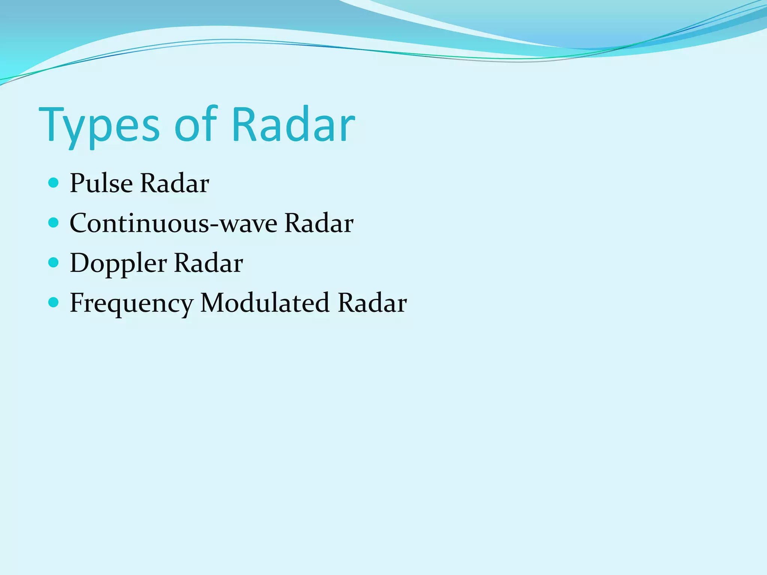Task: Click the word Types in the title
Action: (99, 125)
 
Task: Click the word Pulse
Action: (101, 183)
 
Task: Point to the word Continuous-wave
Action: (173, 223)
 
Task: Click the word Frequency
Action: (131, 303)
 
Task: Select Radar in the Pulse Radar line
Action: (174, 183)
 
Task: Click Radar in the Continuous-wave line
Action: (319, 223)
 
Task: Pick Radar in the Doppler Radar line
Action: (209, 263)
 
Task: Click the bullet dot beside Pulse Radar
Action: (54, 183)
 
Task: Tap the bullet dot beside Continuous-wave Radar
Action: (54, 223)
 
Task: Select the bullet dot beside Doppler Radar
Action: (54, 262)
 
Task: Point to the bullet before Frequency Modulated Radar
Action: (54, 302)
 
